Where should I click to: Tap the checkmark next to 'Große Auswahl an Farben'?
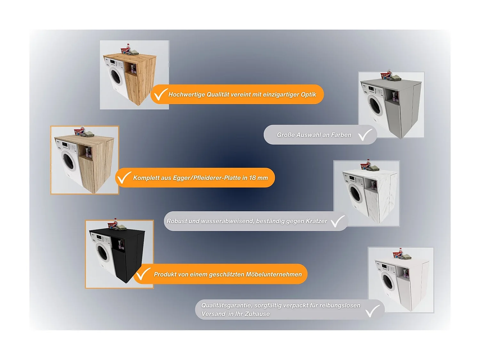[365, 135]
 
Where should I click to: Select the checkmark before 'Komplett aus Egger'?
[124, 178]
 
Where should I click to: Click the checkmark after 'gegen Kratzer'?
[337, 221]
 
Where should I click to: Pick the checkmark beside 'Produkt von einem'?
[143, 274]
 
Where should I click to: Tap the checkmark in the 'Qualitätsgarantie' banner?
[372, 311]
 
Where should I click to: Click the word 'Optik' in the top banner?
[308, 94]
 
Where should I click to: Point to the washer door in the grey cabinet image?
[375, 106]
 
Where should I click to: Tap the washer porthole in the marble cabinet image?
[355, 194]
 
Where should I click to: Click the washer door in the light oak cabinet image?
[68, 161]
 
